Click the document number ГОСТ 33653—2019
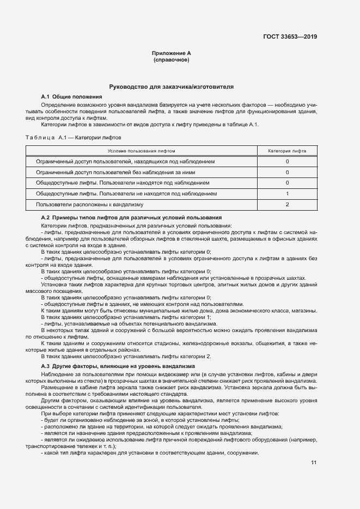[x=290, y=37]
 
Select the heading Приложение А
[x=171, y=53]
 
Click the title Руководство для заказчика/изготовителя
[x=171, y=87]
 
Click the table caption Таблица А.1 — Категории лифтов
[x=74, y=138]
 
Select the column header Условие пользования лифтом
[x=141, y=151]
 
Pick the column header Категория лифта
[x=287, y=151]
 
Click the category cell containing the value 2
[x=287, y=204]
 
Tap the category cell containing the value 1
[x=287, y=193]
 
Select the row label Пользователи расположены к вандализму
[x=89, y=204]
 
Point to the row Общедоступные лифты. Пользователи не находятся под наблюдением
[x=126, y=193]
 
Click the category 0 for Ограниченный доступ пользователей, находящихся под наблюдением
[x=287, y=162]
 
